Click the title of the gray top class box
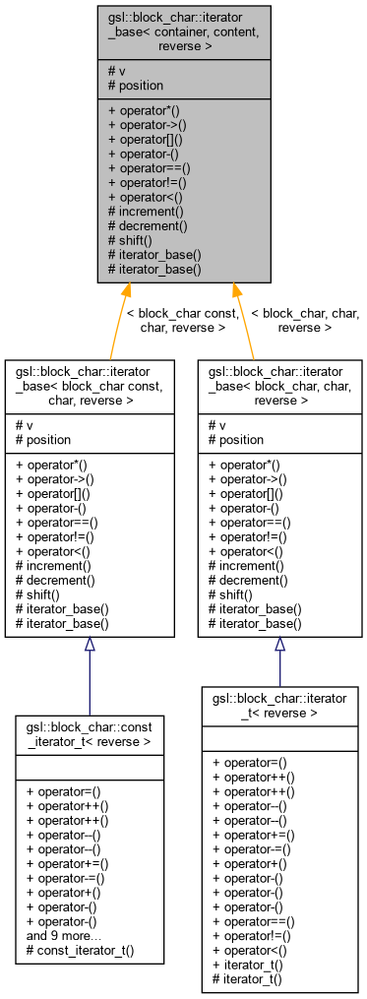pos(183,31)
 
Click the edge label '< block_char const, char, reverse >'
pos(183,320)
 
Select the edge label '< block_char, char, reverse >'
pos(305,320)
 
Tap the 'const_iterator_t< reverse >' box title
pos(90,734)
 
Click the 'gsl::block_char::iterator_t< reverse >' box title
pos(279,706)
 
